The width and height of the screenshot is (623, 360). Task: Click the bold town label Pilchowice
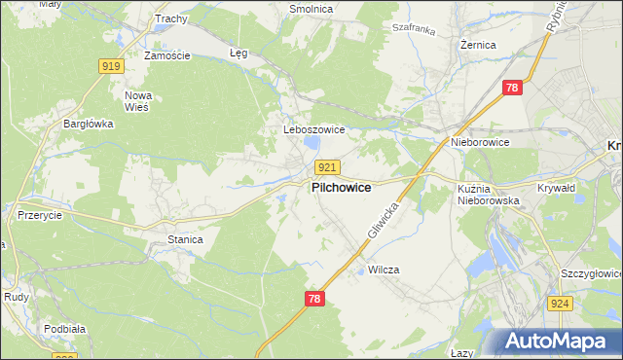[x=341, y=188]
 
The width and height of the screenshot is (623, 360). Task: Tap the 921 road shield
[x=327, y=167]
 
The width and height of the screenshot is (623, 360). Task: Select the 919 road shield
[x=110, y=65]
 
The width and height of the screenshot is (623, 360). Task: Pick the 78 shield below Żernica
[x=513, y=89]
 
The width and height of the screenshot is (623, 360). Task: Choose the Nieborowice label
[x=480, y=142]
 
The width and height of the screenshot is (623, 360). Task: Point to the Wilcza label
[x=384, y=270]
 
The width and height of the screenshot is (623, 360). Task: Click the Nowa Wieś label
[x=141, y=101]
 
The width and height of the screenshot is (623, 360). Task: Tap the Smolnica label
[x=311, y=9]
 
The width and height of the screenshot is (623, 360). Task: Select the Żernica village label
[x=478, y=45]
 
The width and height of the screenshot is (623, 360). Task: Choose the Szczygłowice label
[x=591, y=275]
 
